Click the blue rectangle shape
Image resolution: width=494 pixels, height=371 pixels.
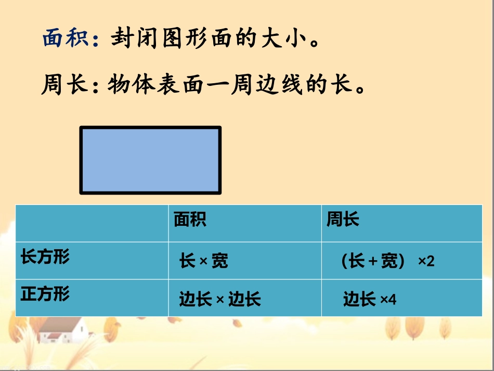point(150,160)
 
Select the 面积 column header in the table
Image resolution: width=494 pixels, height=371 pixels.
point(190,220)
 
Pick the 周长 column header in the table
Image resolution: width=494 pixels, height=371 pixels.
point(343,220)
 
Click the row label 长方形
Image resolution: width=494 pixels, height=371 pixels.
point(45,257)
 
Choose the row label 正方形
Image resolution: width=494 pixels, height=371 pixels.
point(45,295)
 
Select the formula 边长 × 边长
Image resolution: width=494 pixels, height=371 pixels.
point(219,299)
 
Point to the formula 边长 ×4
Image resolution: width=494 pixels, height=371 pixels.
point(369,299)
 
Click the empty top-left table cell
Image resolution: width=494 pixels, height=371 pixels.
point(92,223)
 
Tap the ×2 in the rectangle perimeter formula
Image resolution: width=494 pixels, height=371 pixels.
point(426,261)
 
